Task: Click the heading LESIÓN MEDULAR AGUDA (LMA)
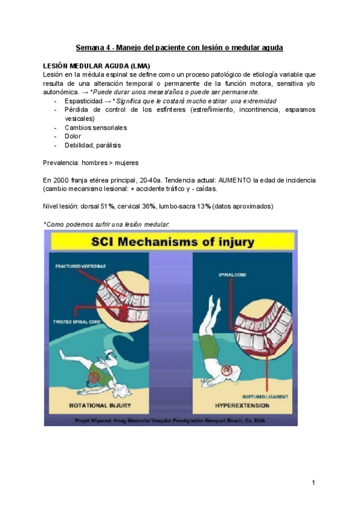tap(97, 65)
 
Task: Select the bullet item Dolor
tap(73, 136)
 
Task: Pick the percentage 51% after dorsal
tap(107, 206)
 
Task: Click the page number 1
tap(314, 482)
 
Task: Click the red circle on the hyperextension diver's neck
tap(227, 372)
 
